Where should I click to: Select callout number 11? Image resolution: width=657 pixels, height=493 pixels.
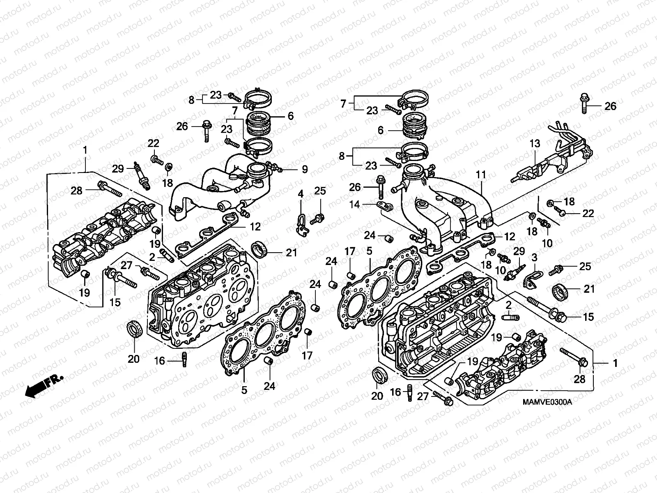(481, 175)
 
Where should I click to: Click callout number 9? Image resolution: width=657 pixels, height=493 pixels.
(305, 169)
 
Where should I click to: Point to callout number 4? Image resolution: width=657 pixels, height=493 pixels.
(301, 193)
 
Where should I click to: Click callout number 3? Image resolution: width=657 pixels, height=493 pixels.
(535, 258)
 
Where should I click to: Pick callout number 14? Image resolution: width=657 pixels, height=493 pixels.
(355, 204)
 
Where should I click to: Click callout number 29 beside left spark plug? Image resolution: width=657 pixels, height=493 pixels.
(118, 169)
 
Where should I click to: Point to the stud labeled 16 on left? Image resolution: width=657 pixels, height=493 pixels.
(184, 360)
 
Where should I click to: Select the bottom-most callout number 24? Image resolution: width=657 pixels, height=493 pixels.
(270, 386)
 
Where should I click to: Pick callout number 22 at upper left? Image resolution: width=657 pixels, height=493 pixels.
(153, 143)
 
